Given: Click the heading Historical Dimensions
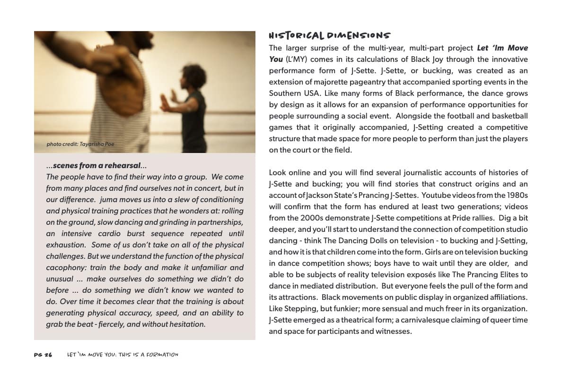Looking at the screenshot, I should (x=330, y=36).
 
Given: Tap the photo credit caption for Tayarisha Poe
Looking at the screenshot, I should (x=80, y=144).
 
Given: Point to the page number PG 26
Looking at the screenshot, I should (x=43, y=355).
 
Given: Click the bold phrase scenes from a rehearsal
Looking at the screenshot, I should (x=96, y=166).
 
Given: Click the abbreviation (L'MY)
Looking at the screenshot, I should (x=297, y=59).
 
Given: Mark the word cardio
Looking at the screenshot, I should (x=109, y=234).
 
